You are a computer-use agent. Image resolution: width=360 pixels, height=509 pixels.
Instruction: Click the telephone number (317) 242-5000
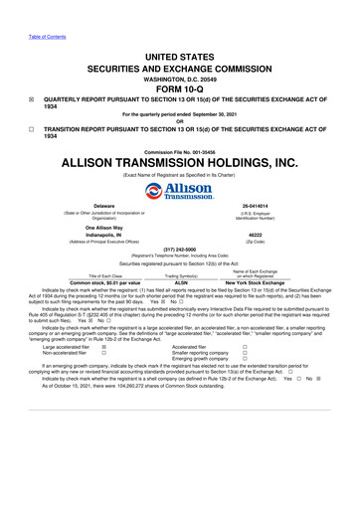(179, 250)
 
